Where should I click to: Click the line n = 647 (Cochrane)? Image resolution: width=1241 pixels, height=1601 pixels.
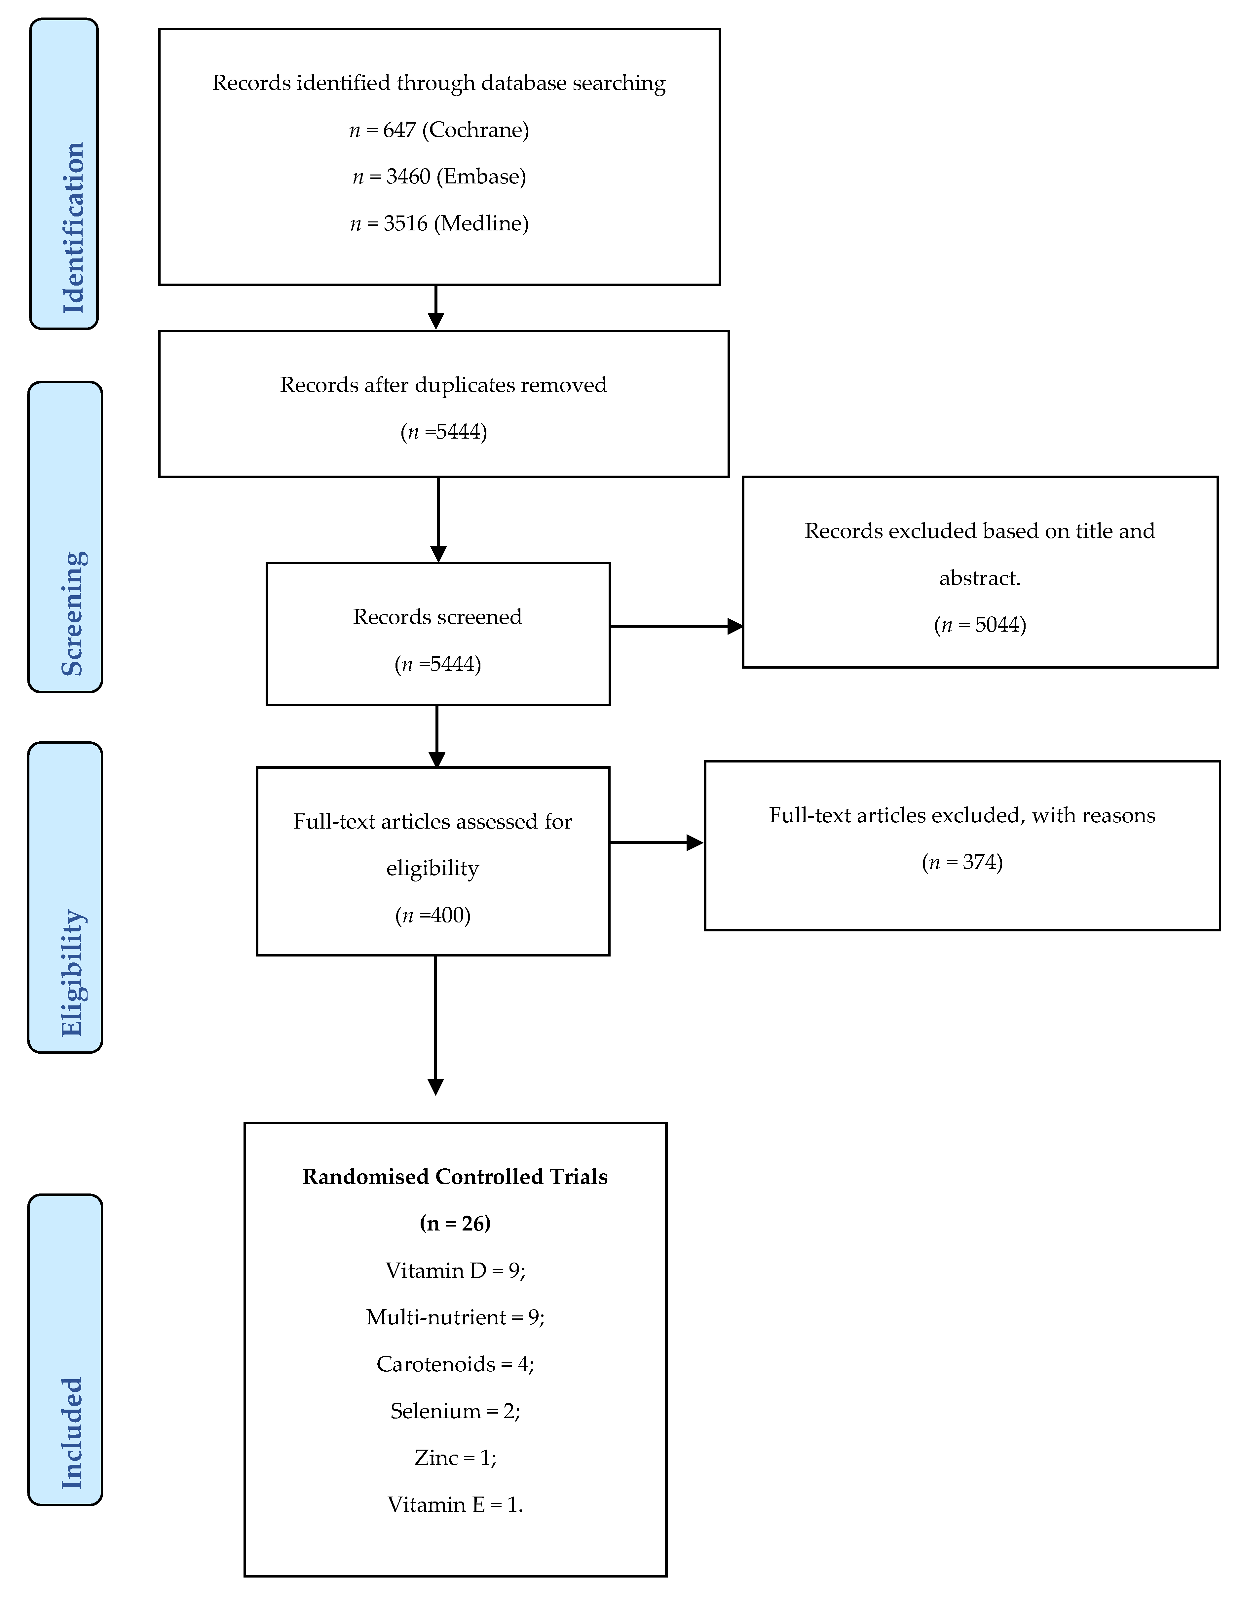point(439,130)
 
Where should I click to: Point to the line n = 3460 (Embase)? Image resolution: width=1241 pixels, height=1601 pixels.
point(439,177)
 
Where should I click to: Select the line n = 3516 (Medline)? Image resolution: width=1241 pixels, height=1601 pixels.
point(439,223)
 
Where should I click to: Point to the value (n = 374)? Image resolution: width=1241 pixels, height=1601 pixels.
point(962,862)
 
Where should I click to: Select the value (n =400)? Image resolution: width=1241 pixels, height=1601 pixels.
point(432,915)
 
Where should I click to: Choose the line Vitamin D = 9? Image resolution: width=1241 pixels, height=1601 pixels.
point(455,1270)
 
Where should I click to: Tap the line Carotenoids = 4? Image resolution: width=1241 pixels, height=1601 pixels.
point(455,1364)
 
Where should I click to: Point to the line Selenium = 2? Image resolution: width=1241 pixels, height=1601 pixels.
point(455,1411)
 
